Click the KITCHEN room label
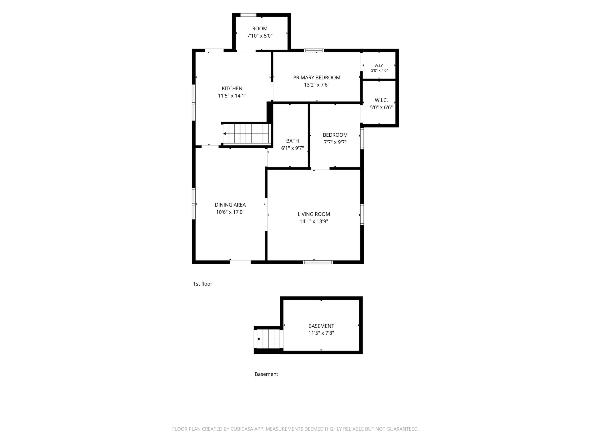(x=232, y=88)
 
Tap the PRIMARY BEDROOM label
(x=317, y=78)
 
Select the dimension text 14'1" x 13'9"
(x=314, y=221)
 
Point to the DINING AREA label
(x=230, y=205)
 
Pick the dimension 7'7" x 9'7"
(x=335, y=142)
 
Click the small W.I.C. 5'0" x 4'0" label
(x=379, y=68)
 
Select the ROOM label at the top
(x=260, y=29)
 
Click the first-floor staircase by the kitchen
(x=246, y=134)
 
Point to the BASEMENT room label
(x=321, y=326)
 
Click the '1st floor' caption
(x=202, y=284)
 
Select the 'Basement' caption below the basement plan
(x=266, y=374)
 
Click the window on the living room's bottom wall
(x=318, y=262)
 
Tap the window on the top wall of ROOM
(x=248, y=15)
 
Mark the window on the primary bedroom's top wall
(x=314, y=50)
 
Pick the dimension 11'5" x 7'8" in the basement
(x=321, y=333)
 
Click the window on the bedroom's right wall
(x=362, y=139)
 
